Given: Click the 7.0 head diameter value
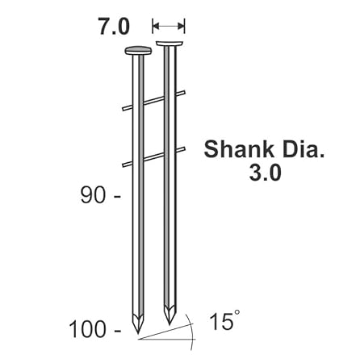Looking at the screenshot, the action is coord(114,26).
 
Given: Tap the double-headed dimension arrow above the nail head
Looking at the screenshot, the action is coord(169,26).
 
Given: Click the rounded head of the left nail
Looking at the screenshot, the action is coord(138,50).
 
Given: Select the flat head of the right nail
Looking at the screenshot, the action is coord(170,43).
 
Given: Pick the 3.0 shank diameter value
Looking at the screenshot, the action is coord(265,173).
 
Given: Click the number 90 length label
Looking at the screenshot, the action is coord(93,195).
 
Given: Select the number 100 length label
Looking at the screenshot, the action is coord(87,330).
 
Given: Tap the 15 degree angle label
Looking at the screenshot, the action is coord(221,322).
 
